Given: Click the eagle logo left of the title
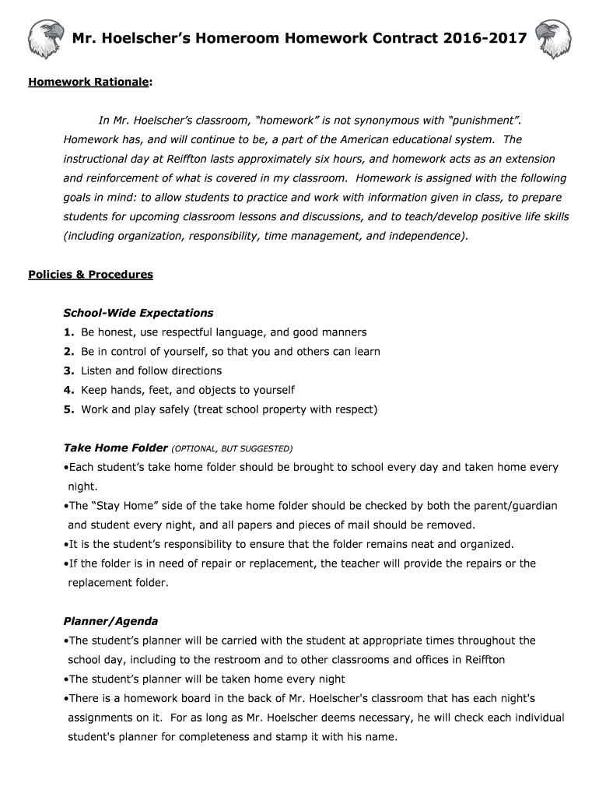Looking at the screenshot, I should coord(45,39).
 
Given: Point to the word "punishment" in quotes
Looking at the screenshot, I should coord(482,121).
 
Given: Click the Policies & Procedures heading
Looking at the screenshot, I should coord(90,275).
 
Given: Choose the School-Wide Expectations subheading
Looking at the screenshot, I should coord(138,313).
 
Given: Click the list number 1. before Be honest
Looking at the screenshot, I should coord(68,332).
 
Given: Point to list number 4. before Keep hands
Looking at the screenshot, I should coord(68,390).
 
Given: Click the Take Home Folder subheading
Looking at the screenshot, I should coord(115,448).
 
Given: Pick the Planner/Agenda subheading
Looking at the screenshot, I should coord(110,621).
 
